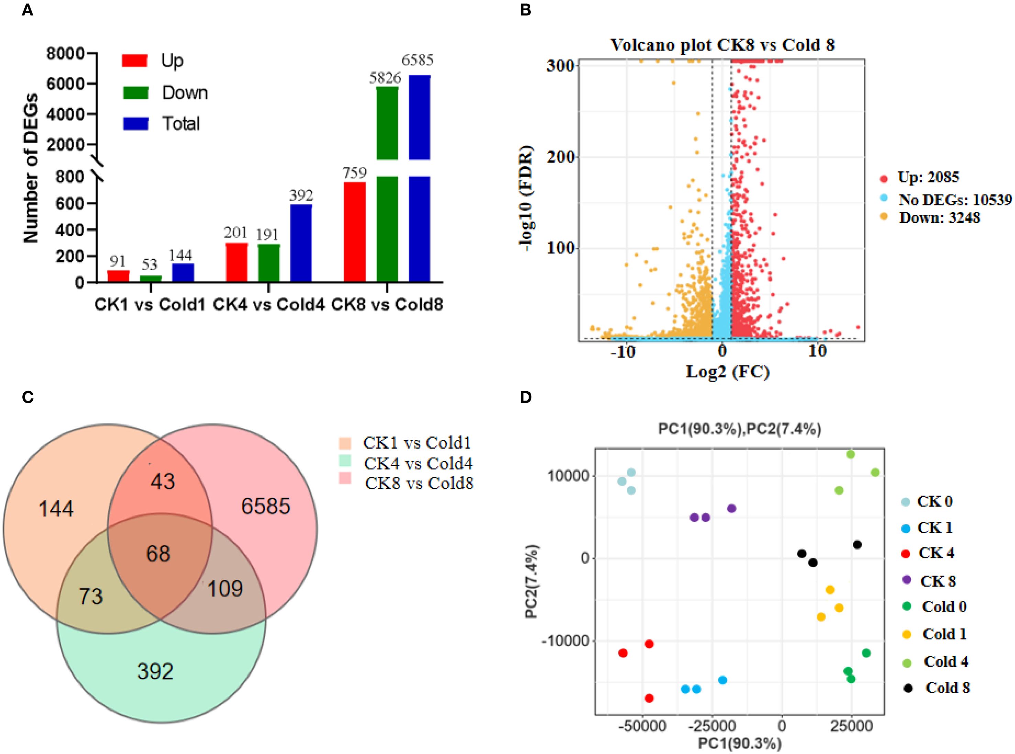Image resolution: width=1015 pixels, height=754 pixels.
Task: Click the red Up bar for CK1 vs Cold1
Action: click(x=118, y=276)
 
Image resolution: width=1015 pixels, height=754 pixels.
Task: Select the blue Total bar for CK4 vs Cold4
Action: click(x=301, y=243)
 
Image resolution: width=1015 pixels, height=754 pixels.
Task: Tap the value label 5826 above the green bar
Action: click(x=385, y=78)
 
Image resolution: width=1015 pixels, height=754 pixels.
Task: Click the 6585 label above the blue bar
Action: click(x=417, y=60)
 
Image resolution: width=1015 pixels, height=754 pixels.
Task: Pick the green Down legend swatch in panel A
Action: click(x=135, y=92)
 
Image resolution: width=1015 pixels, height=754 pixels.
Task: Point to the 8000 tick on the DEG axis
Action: click(x=66, y=54)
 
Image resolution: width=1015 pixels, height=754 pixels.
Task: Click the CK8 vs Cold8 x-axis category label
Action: click(x=387, y=304)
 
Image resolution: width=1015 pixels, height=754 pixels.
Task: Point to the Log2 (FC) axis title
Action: click(x=728, y=372)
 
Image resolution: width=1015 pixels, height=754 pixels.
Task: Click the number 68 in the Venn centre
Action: click(x=158, y=554)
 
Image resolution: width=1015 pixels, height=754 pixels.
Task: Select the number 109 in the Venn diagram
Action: click(x=225, y=589)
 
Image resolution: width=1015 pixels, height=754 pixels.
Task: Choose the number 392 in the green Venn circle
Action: click(x=155, y=671)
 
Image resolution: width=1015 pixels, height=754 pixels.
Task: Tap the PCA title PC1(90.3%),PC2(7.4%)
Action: click(x=739, y=429)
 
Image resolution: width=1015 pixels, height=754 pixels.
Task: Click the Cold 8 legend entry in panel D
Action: click(x=947, y=688)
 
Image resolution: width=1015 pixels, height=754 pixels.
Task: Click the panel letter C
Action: click(x=28, y=397)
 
